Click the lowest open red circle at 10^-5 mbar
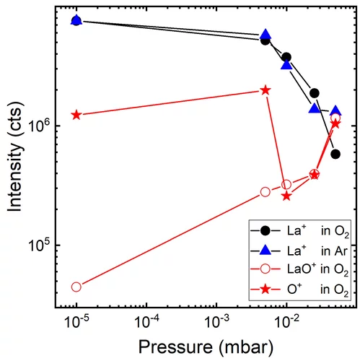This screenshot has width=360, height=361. click(76, 287)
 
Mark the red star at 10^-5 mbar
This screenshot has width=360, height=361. click(76, 115)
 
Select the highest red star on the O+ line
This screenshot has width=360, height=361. click(265, 90)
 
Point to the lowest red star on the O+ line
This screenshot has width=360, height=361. click(286, 196)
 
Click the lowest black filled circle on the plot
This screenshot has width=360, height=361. click(335, 154)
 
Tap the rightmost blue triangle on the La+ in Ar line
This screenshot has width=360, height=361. click(335, 111)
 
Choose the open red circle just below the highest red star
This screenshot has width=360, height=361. click(265, 192)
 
